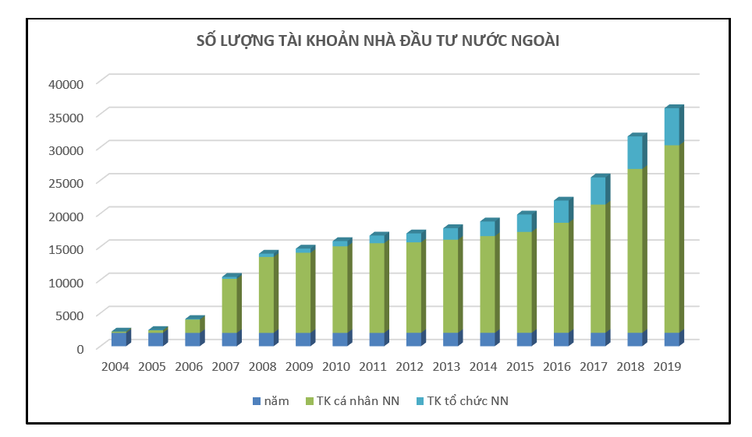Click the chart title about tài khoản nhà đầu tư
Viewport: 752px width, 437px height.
click(378, 41)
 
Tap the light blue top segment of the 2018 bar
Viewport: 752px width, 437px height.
click(634, 153)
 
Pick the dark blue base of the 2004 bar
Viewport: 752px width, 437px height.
click(119, 340)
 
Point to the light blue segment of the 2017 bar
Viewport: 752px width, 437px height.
click(598, 191)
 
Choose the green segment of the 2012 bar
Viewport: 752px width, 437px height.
click(413, 287)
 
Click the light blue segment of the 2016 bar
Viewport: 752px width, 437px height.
click(561, 212)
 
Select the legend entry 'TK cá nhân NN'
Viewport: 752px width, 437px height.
click(357, 401)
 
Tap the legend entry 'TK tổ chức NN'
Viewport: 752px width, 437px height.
click(466, 401)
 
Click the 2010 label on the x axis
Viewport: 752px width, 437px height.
click(336, 366)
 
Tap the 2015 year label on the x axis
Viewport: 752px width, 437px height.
click(520, 366)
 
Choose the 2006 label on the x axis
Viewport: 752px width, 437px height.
click(189, 366)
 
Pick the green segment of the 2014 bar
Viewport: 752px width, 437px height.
click(487, 284)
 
